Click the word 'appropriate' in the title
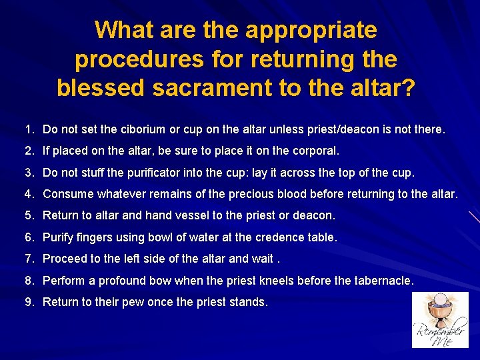311,31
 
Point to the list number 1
28,129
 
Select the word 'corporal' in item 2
315,151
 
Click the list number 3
29,173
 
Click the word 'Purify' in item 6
58,237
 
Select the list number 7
29,259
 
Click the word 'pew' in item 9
130,302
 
